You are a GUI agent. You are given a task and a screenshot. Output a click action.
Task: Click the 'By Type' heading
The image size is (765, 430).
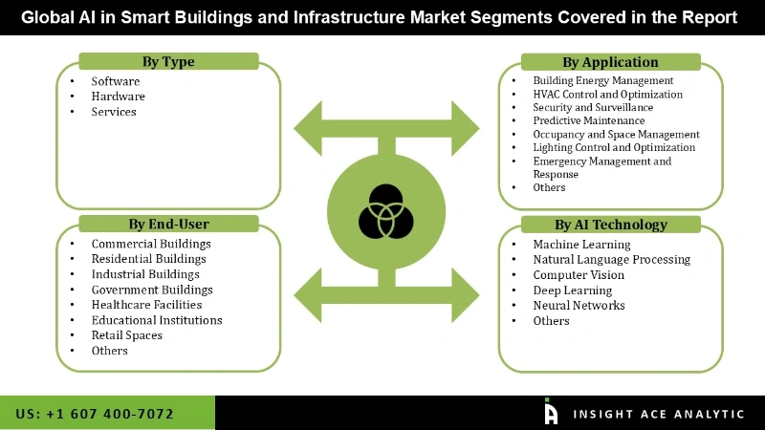click(x=168, y=62)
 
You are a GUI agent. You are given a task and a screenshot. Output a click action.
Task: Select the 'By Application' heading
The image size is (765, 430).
click(x=610, y=62)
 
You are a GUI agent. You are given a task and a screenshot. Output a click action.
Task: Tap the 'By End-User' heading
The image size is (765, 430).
click(x=168, y=225)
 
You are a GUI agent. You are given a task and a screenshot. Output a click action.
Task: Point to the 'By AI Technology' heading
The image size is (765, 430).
click(x=610, y=225)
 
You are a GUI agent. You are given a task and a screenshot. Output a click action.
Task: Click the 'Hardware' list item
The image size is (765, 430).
click(x=119, y=97)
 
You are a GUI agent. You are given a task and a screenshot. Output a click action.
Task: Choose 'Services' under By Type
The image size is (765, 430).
click(x=114, y=112)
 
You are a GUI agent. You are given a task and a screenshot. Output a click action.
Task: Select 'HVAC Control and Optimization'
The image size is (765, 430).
click(x=608, y=95)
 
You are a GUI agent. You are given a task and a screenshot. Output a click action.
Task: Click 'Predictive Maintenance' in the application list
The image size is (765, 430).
click(x=589, y=121)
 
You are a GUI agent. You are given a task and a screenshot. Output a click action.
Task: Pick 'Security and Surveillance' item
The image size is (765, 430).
click(x=593, y=108)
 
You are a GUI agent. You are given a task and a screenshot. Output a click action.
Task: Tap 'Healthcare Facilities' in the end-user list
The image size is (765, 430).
click(x=146, y=305)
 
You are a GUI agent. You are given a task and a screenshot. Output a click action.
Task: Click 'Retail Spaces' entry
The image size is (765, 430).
click(x=127, y=335)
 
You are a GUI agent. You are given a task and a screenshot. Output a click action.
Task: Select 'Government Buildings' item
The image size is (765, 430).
click(x=152, y=290)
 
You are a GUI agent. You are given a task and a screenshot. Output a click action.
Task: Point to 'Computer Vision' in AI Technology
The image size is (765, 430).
click(x=579, y=275)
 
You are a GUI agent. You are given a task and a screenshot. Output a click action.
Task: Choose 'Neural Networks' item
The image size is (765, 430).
click(x=579, y=306)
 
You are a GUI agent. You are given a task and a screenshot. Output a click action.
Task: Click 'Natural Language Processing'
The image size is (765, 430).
click(x=611, y=260)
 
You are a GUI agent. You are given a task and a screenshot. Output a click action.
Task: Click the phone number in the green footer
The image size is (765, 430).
click(x=95, y=414)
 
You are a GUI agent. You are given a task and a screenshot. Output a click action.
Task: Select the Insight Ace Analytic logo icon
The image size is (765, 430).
click(x=550, y=412)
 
